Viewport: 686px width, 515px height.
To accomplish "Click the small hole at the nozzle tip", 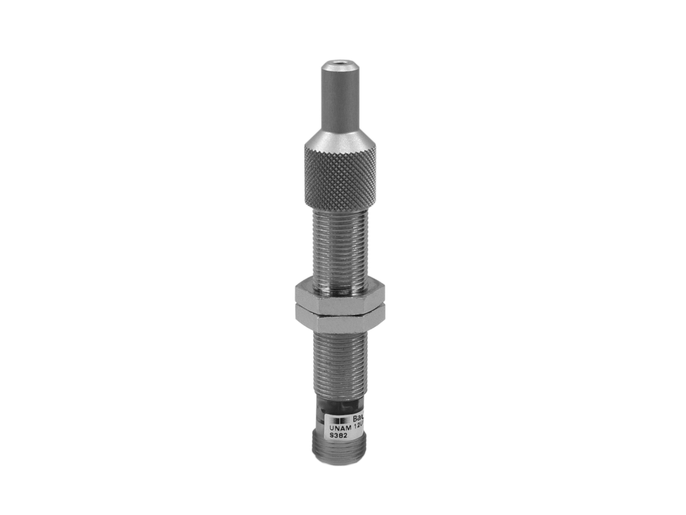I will click(x=339, y=62).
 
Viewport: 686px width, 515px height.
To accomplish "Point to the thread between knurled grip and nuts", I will click(x=339, y=248).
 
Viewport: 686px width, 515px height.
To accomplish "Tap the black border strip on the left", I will click(x=43, y=257).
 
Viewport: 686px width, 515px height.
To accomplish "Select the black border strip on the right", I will click(x=643, y=257).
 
